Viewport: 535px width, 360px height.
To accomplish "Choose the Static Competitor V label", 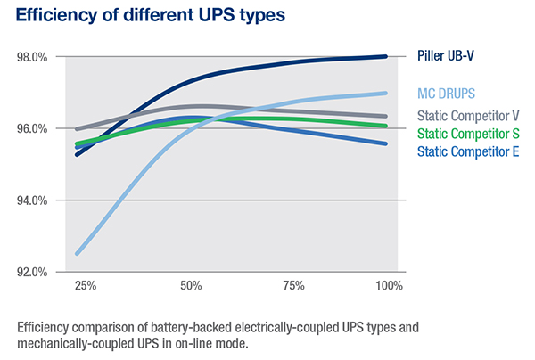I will pos(469,116).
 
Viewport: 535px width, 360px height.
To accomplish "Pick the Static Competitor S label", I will pos(469,134).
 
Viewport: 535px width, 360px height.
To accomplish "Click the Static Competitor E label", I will pos(469,151).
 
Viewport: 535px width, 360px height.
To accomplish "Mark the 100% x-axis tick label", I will pos(390,287).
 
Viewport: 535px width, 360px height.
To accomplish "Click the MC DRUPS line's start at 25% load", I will pos(77,254).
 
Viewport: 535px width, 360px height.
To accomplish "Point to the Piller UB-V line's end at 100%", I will pos(385,56).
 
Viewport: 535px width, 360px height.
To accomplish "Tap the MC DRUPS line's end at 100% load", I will pos(385,93).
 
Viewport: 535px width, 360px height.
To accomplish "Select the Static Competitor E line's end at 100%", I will pos(385,143).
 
